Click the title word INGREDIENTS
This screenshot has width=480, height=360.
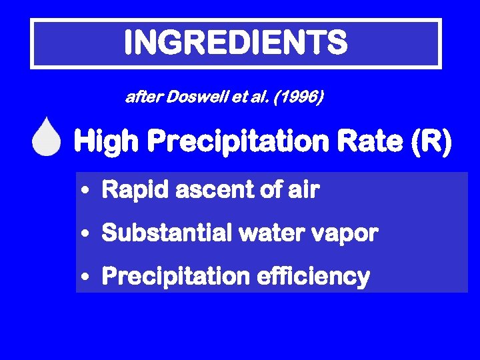235,43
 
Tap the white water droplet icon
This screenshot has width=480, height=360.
46,139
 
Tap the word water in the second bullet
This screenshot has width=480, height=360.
263,233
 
